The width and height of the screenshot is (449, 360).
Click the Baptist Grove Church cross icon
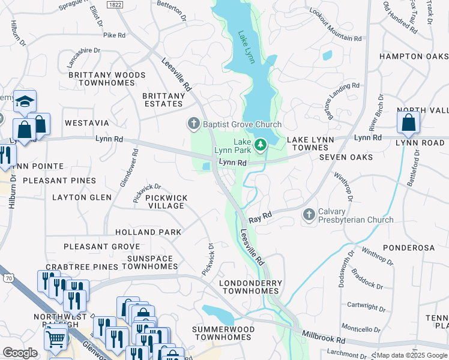pyautogui.click(x=193, y=124)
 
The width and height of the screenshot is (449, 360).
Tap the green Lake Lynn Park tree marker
pyautogui.click(x=261, y=145)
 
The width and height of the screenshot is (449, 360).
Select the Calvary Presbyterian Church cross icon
pyautogui.click(x=309, y=214)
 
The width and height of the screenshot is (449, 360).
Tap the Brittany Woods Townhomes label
pyautogui.click(x=106, y=79)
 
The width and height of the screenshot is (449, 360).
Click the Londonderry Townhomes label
pyautogui.click(x=249, y=286)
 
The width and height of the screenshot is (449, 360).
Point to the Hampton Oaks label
pyautogui.click(x=414, y=56)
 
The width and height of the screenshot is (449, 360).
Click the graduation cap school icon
pyautogui.click(x=26, y=101)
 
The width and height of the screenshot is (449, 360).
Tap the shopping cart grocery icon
pyautogui.click(x=56, y=339)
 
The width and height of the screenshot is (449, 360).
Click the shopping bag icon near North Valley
pyautogui.click(x=408, y=122)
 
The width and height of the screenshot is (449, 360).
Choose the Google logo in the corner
pyautogui.click(x=20, y=353)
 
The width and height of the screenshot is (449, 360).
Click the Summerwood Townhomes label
pyautogui.click(x=221, y=333)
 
